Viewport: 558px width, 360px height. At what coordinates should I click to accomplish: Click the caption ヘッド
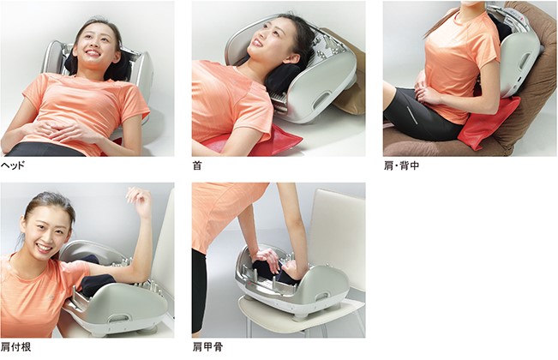pos(13,165)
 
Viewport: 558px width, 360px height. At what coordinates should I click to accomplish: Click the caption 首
pos(197,165)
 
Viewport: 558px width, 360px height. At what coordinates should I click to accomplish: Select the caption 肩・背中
pos(401,165)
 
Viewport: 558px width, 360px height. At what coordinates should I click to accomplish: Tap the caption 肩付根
pos(16,347)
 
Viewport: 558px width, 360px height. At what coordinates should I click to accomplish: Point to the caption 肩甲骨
pos(207,347)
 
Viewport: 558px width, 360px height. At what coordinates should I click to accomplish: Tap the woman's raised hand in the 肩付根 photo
pos(139,201)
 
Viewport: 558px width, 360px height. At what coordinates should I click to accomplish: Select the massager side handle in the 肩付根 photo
pos(117,317)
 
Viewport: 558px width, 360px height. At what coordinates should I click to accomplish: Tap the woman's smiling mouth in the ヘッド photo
pos(93,53)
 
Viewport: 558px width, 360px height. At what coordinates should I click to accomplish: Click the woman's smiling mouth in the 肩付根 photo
pos(44,247)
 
